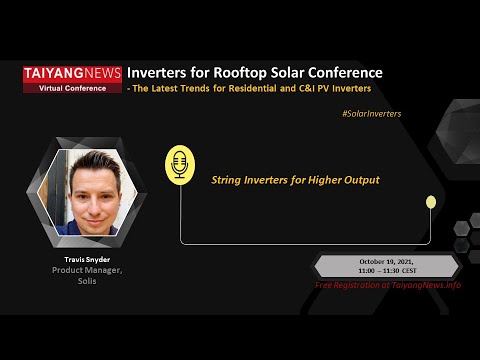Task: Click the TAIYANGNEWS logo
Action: [x=73, y=73]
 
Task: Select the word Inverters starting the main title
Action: [x=160, y=73]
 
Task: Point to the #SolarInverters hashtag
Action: [x=371, y=113]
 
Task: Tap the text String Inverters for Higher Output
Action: [x=295, y=181]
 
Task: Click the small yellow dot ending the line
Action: [x=431, y=202]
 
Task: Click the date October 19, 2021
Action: [x=387, y=262]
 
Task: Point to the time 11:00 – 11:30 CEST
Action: [x=387, y=271]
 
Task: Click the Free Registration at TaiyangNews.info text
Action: [x=388, y=285]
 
